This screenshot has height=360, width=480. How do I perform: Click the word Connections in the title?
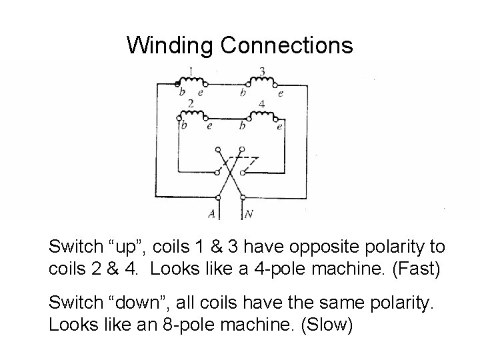click(x=285, y=45)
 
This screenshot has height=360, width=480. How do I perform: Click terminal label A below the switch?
click(x=212, y=214)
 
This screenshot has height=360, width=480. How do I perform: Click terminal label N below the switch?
click(x=248, y=214)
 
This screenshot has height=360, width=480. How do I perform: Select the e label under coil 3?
click(x=281, y=94)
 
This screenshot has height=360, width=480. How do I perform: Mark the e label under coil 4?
click(x=279, y=126)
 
